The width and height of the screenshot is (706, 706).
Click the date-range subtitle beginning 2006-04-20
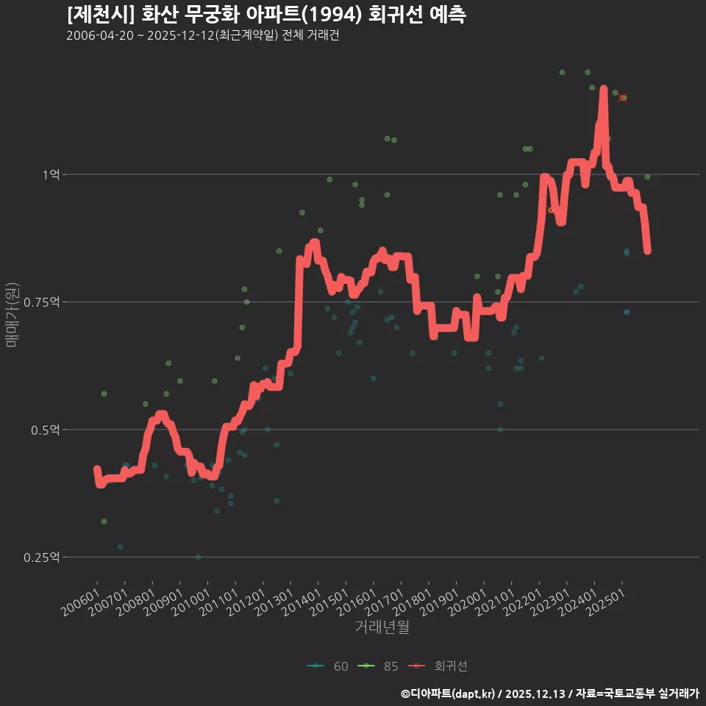pyautogui.click(x=202, y=36)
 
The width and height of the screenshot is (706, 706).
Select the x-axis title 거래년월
pyautogui.click(x=382, y=627)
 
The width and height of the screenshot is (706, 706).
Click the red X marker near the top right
pyautogui.click(x=622, y=98)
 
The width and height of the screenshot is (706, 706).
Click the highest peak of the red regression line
pyautogui.click(x=604, y=89)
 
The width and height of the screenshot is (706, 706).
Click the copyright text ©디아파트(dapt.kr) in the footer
pyautogui.click(x=449, y=693)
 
